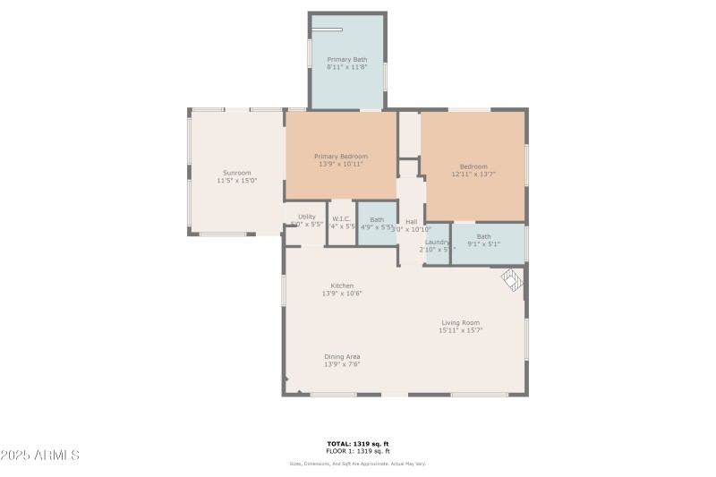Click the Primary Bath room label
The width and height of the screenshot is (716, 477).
point(346,59)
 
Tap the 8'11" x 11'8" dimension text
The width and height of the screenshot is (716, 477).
point(346,67)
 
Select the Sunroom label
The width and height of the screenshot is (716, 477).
point(236,173)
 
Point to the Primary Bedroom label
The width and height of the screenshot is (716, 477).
point(340,157)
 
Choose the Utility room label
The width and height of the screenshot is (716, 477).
point(307,217)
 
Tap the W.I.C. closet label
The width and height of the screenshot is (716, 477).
point(341,219)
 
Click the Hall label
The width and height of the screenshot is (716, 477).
point(412,222)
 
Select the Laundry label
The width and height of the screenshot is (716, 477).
point(437,242)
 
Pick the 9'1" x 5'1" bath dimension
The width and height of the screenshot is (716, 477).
point(483,244)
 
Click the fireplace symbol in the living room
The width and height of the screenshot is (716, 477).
point(511,280)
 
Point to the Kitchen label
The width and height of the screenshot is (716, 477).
point(342,285)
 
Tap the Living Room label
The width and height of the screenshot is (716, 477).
point(460,322)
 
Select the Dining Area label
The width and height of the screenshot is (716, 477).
point(342,356)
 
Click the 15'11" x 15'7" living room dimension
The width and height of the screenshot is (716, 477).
point(460,330)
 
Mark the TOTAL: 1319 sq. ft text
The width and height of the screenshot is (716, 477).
point(358,444)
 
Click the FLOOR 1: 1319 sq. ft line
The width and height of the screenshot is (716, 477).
point(358,451)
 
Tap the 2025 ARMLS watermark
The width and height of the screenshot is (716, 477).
point(40,456)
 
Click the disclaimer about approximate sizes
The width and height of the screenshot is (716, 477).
point(358,464)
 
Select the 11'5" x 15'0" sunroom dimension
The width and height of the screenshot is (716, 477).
point(236,181)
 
